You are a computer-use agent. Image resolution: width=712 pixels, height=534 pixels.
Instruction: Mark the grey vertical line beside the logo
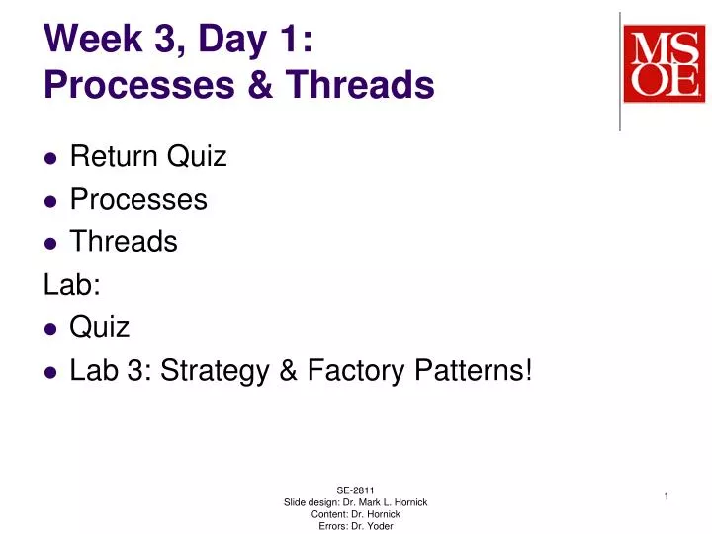620,69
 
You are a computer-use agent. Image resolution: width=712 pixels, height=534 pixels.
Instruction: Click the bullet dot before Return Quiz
50,158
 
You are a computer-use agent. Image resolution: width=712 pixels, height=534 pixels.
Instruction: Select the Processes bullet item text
138,200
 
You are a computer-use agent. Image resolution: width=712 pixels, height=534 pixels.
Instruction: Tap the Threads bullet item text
124,242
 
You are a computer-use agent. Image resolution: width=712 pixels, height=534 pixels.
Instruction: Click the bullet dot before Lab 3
50,373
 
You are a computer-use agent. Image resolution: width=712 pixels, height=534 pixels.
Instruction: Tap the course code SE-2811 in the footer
355,489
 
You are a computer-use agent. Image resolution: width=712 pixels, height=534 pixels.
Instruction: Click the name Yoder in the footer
377,526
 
